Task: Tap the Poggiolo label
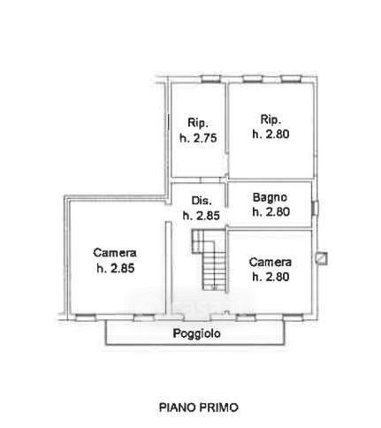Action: tap(197, 333)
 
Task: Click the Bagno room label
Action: tap(270, 197)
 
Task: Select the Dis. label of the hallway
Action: tap(202, 201)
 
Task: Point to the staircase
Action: tap(210, 259)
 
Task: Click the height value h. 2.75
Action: tap(198, 138)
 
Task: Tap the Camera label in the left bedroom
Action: tap(115, 253)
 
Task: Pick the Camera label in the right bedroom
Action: tap(271, 262)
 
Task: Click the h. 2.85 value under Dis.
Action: tap(202, 216)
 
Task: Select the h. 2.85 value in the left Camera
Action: tap(116, 268)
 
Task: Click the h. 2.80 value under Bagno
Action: tap(271, 211)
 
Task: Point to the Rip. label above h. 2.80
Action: tap(271, 119)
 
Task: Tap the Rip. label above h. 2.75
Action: tap(198, 123)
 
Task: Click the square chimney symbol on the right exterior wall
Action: tap(321, 258)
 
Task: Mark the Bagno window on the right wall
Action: tap(315, 208)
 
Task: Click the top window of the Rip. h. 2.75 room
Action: tap(211, 79)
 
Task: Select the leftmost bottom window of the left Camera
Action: tap(86, 317)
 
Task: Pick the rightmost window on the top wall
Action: tap(291, 79)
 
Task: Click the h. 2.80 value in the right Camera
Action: tap(271, 277)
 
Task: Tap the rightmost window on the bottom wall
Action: tap(293, 317)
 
